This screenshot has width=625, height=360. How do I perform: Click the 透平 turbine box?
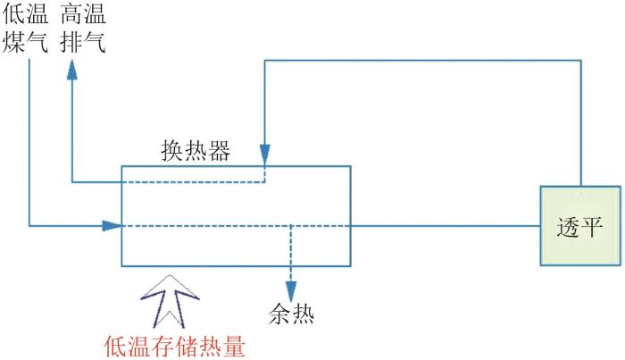click(580, 226)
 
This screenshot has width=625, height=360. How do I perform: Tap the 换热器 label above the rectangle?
click(196, 151)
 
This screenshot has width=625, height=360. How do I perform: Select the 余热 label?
click(291, 314)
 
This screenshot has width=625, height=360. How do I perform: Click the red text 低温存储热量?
click(175, 346)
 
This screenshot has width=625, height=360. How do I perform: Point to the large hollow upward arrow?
click(171, 301)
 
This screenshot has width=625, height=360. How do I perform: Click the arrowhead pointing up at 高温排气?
click(72, 71)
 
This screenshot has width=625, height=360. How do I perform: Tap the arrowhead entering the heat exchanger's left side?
click(112, 226)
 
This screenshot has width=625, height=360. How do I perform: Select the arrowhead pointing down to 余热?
click(291, 291)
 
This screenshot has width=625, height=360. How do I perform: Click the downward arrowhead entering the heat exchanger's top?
click(265, 155)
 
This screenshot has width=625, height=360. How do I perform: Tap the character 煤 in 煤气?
click(14, 42)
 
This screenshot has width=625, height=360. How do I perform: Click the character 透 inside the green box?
click(568, 227)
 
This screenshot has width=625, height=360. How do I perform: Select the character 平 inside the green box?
click(591, 227)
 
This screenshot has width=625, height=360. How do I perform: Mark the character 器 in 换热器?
click(220, 151)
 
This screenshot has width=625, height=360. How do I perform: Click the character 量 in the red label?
click(234, 346)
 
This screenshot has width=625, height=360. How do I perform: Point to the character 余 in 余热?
click(279, 314)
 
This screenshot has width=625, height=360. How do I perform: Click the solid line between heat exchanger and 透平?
click(446, 226)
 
